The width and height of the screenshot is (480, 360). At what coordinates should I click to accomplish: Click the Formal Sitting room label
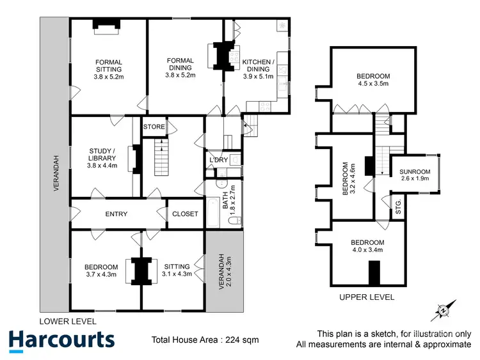(108, 68)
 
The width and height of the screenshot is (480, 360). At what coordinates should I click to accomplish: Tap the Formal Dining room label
(180, 68)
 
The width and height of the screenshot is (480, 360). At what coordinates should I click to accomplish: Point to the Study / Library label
(103, 158)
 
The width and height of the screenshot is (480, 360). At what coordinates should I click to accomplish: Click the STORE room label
(154, 127)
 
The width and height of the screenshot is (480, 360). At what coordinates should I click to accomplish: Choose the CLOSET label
(185, 214)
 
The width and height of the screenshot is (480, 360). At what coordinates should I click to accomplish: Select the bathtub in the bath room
(211, 218)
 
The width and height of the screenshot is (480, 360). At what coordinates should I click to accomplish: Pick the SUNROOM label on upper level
(415, 175)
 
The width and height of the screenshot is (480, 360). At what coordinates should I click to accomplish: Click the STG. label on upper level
(397, 206)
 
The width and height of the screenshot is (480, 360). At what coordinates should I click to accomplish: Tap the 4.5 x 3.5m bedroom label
(372, 79)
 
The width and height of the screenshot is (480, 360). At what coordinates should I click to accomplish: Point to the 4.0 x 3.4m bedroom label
(367, 246)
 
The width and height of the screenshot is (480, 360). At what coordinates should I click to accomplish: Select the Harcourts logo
(61, 339)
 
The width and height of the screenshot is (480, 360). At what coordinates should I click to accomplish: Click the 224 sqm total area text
(205, 340)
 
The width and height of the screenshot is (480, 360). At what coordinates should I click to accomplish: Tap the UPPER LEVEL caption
(367, 297)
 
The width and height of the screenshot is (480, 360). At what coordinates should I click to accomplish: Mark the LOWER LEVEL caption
(68, 321)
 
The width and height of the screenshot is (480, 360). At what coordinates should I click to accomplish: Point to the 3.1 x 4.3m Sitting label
(177, 270)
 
